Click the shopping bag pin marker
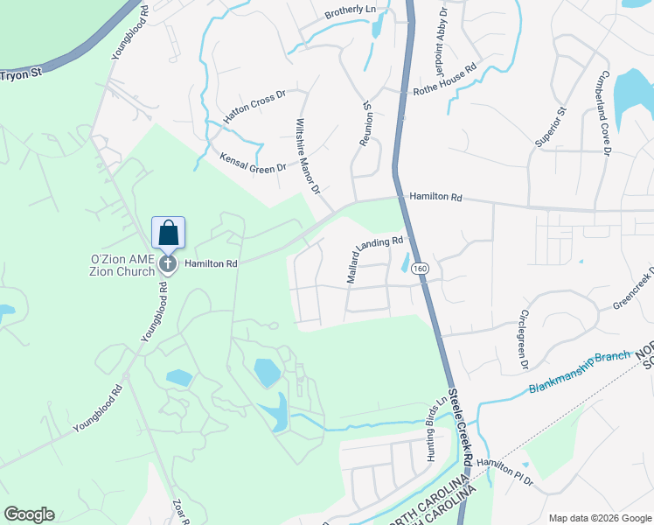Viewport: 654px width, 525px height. (x=167, y=234)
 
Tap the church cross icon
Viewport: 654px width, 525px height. (x=167, y=263)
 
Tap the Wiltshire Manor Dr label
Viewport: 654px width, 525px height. (x=309, y=156)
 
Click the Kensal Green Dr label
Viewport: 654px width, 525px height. (x=254, y=162)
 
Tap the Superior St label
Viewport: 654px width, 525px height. (x=551, y=125)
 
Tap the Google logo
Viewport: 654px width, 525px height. (x=29, y=514)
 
